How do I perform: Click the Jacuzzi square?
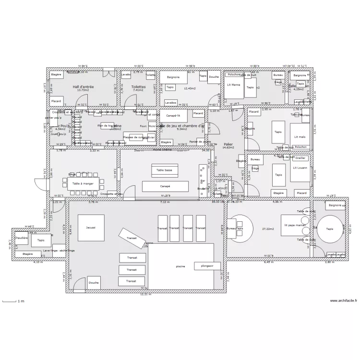tap(91, 228)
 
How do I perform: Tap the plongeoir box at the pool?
tap(207, 265)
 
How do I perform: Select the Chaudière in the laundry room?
tap(21, 237)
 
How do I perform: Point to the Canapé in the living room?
tap(165, 186)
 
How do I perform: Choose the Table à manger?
tap(83, 184)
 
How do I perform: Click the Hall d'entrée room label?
tap(84, 87)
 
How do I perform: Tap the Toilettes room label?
tap(138, 87)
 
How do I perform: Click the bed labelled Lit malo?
tap(300, 137)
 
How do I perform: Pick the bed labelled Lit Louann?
tap(300, 168)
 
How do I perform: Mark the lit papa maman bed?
tap(295, 225)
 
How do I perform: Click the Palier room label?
tap(228, 144)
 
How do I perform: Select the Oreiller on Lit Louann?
tap(300, 158)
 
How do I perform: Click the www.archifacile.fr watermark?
tap(344, 301)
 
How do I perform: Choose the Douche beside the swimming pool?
tap(94, 283)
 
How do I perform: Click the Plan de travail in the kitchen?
tap(108, 126)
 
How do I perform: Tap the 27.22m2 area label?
tap(268, 229)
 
